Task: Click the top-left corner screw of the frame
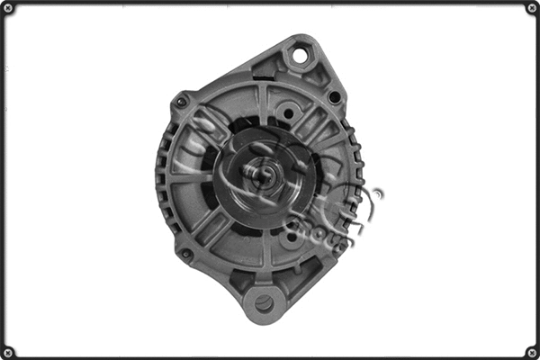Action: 8,8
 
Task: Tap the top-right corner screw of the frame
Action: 531,8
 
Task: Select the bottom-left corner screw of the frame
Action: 8,351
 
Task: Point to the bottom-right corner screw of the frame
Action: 531,351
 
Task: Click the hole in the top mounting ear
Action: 298,57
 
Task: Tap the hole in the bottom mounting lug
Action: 264,303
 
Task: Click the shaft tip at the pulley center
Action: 261,174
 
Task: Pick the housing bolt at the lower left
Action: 185,254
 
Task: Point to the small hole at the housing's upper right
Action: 335,96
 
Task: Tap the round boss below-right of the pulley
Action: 291,238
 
